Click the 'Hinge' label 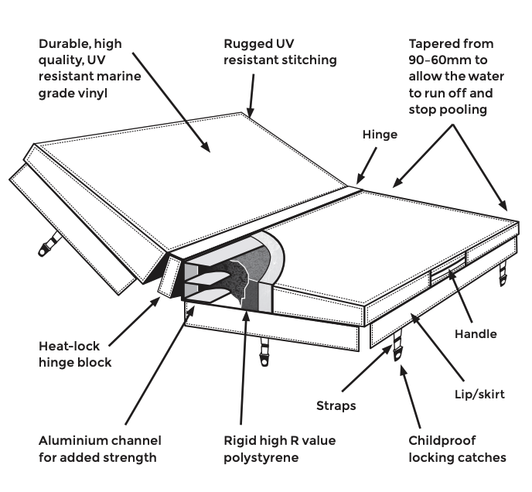click(x=380, y=135)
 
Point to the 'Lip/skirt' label click(x=478, y=395)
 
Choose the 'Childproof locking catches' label click(x=457, y=449)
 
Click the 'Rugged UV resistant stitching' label click(x=280, y=51)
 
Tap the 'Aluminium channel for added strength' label click(x=101, y=449)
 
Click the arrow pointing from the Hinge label click(x=368, y=164)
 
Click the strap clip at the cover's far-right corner click(x=503, y=269)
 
